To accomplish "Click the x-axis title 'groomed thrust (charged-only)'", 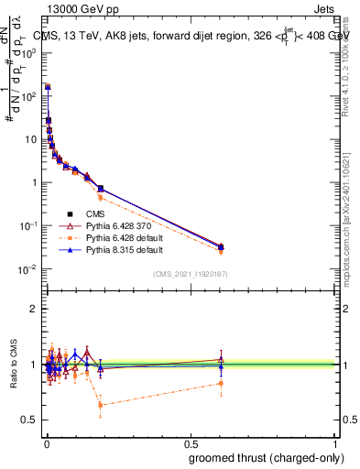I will tap(261, 456).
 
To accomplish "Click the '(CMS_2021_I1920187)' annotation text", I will tap(190, 274).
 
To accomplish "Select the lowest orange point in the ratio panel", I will tap(100, 405).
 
